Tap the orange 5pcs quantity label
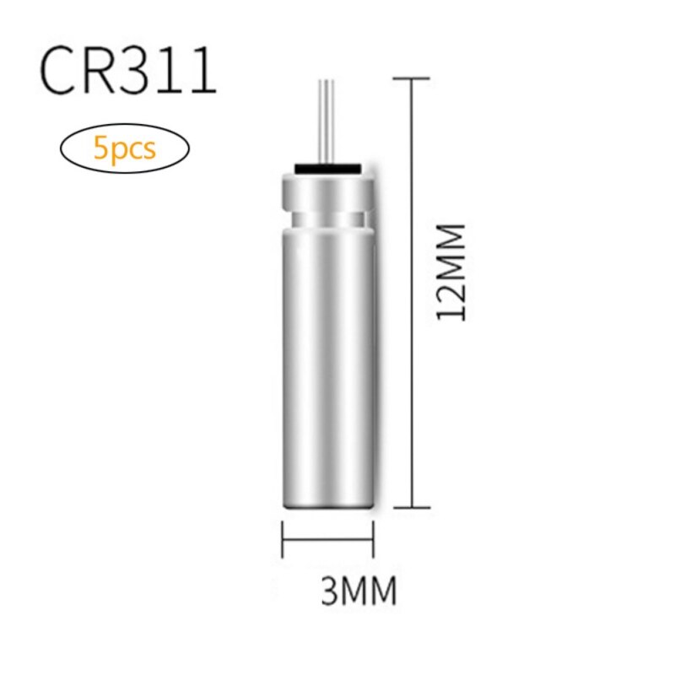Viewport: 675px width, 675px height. [125, 149]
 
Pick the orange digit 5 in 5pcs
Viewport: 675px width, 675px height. [100, 149]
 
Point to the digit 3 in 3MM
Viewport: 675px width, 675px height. [331, 590]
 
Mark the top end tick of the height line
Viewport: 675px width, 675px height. [413, 79]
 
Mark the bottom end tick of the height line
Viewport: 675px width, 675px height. [413, 507]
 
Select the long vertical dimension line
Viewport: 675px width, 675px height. [413, 337]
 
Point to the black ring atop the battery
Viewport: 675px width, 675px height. [327, 168]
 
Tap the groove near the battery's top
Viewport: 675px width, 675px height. [327, 219]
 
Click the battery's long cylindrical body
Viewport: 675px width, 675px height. [327, 363]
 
